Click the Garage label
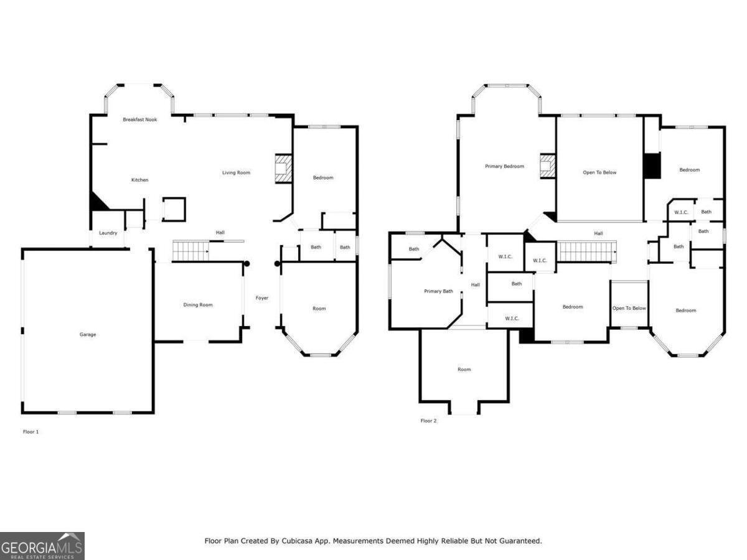pyautogui.click(x=88, y=335)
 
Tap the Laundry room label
pyautogui.click(x=108, y=233)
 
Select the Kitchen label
pyautogui.click(x=139, y=180)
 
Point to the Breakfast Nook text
pyautogui.click(x=139, y=119)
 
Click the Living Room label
pyautogui.click(x=236, y=172)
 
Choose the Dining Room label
pyautogui.click(x=198, y=305)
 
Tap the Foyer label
pyautogui.click(x=262, y=298)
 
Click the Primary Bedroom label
pyautogui.click(x=504, y=167)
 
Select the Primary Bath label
pyautogui.click(x=438, y=291)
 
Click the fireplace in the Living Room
pyautogui.click(x=283, y=169)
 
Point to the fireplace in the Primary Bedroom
pyautogui.click(x=547, y=166)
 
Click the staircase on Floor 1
pyautogui.click(x=190, y=251)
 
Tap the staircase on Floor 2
pyautogui.click(x=586, y=252)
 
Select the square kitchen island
pyautogui.click(x=174, y=209)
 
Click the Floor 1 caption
pyautogui.click(x=31, y=432)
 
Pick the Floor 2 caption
pyautogui.click(x=428, y=421)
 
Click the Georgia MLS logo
pyautogui.click(x=42, y=546)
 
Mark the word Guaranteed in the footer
pyautogui.click(x=519, y=541)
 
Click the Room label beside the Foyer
pyautogui.click(x=319, y=309)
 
